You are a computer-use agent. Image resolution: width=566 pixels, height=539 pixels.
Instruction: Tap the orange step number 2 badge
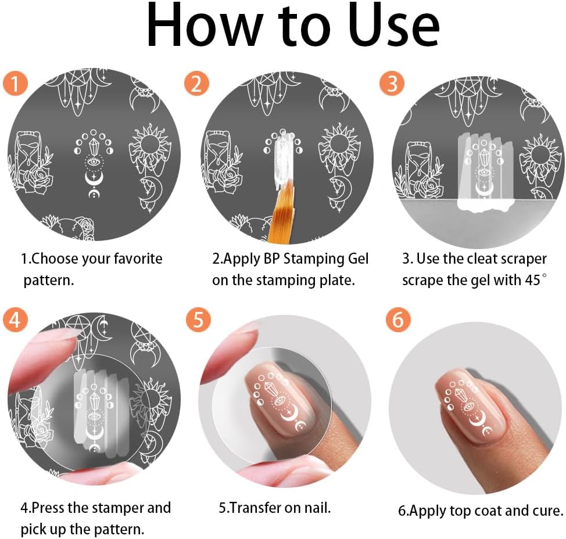pos(197,84)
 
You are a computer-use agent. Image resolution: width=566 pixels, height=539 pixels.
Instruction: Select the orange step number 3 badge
pos(392,84)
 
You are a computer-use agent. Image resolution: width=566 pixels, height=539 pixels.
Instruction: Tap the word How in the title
pos(192,26)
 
